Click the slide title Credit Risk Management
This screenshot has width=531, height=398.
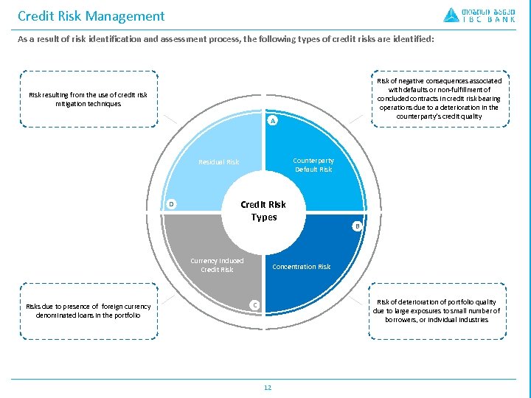point(91,15)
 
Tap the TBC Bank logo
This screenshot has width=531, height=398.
point(479,15)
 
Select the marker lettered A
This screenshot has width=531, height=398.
point(272,120)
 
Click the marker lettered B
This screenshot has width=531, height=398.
point(357,226)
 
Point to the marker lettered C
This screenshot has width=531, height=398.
point(254,304)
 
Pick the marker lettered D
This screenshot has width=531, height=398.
point(170,203)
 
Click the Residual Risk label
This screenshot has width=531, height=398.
point(218,162)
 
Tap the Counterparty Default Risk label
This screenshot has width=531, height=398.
point(313,164)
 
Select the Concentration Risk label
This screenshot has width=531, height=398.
point(301,267)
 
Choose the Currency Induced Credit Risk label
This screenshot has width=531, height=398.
point(217,265)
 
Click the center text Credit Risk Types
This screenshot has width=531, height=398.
point(263,210)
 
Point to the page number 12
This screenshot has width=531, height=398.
point(267,388)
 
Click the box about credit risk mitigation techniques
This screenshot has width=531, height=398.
point(88,99)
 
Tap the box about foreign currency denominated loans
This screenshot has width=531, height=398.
point(88,311)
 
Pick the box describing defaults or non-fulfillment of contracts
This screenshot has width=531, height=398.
point(438,99)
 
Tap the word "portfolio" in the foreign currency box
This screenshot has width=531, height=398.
point(125,315)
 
